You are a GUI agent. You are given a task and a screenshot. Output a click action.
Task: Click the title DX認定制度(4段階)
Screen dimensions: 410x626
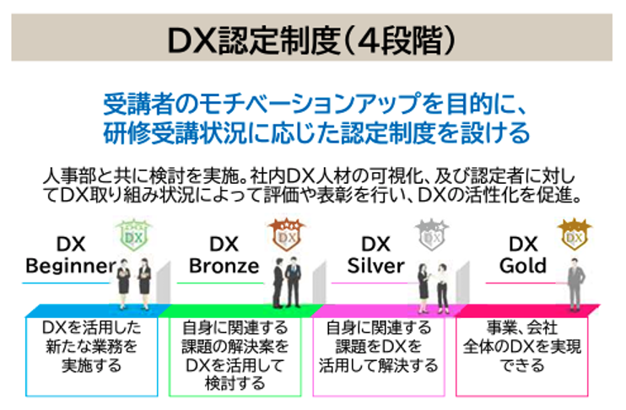click(x=312, y=40)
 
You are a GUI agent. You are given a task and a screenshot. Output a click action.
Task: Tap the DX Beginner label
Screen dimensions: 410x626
click(x=71, y=256)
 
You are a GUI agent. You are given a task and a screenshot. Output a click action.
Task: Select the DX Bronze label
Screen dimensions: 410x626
click(x=224, y=256)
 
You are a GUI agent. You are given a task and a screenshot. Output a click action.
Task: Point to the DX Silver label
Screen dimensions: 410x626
click(x=376, y=256)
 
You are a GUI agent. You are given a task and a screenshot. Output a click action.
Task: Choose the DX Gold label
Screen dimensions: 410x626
click(x=522, y=256)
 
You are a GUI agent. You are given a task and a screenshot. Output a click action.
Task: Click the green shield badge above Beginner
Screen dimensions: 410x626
click(x=131, y=237)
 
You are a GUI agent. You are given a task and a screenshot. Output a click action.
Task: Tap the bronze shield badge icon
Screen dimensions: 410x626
click(x=284, y=235)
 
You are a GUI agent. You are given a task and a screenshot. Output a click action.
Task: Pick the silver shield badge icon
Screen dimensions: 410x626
click(x=433, y=235)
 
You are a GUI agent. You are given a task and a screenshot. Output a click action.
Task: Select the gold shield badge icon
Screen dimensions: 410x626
click(x=575, y=235)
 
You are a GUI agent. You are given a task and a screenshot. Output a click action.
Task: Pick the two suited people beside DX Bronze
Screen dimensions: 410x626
click(x=284, y=282)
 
